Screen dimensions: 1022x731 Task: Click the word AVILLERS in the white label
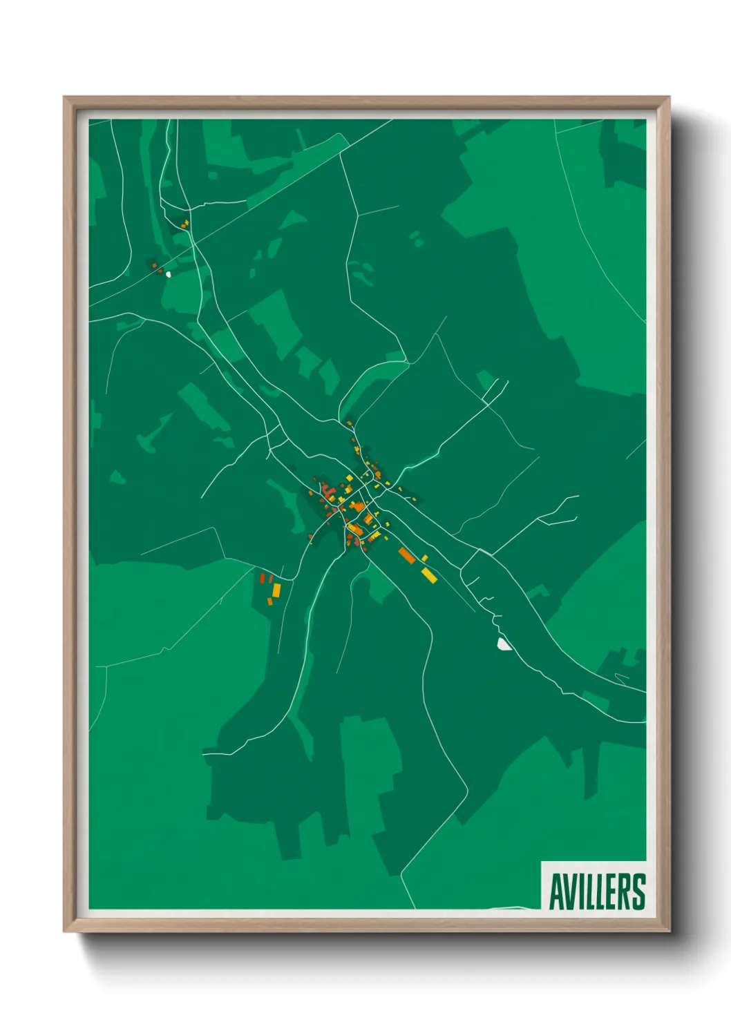(x=597, y=891)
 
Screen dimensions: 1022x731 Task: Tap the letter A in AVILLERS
(x=556, y=891)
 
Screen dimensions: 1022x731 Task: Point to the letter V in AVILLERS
(x=570, y=891)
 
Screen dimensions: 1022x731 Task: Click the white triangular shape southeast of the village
(x=504, y=644)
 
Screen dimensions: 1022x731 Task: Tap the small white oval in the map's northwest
(x=168, y=274)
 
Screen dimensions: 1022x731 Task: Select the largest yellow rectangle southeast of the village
(x=429, y=575)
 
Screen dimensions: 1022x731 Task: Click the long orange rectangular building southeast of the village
(x=407, y=555)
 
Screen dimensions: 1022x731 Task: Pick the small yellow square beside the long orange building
(x=424, y=558)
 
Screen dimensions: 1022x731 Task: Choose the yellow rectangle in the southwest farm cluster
(x=276, y=590)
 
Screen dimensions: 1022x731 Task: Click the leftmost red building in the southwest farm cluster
(x=262, y=579)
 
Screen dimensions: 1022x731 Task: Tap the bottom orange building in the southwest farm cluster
(x=270, y=602)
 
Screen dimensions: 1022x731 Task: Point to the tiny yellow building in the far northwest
(x=185, y=223)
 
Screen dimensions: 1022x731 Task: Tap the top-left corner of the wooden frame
(x=64, y=98)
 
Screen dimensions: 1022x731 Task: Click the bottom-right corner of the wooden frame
(x=669, y=931)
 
